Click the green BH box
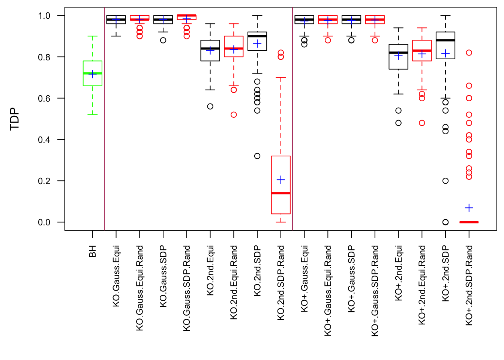(93, 73)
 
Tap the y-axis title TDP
(15, 119)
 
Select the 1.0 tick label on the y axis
(44, 16)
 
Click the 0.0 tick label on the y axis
(44, 222)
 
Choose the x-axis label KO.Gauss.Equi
(116, 276)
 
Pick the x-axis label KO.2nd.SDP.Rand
(281, 283)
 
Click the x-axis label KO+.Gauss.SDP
(351, 279)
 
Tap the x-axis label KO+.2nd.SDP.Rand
(469, 285)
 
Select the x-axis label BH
(93, 251)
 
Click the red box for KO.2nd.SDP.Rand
(281, 185)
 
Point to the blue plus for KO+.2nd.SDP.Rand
(469, 208)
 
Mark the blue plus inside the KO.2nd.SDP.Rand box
(281, 180)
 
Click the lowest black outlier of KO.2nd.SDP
(257, 156)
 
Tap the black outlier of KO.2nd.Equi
(210, 106)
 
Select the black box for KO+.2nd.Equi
(398, 57)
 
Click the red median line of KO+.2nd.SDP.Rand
(469, 222)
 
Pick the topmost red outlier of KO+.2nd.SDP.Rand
(469, 52)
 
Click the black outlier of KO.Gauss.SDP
(163, 40)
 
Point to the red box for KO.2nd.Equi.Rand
(234, 46)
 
